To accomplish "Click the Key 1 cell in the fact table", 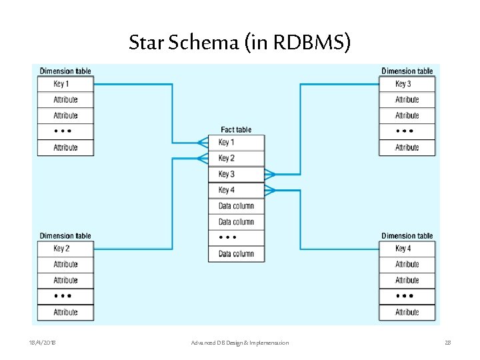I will pyautogui.click(x=236, y=142).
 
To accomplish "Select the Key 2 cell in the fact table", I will pyautogui.click(x=236, y=158).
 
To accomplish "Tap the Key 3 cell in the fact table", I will pyautogui.click(x=236, y=174).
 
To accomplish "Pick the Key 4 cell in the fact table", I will pyautogui.click(x=236, y=190).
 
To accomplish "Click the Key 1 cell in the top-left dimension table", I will pyautogui.click(x=65, y=84).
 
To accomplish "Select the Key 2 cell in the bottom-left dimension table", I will pyautogui.click(x=65, y=249).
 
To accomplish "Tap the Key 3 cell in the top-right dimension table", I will pyautogui.click(x=407, y=84).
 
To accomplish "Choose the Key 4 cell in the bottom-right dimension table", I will pyautogui.click(x=407, y=249).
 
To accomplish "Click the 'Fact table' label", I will pyautogui.click(x=236, y=129).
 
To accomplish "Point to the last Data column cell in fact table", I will pyautogui.click(x=236, y=253).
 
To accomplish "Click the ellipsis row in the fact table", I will pyautogui.click(x=236, y=237).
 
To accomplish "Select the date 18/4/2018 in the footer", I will pyautogui.click(x=43, y=343).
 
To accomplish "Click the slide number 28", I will pyautogui.click(x=447, y=343).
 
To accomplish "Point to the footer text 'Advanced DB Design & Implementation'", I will pyautogui.click(x=239, y=343).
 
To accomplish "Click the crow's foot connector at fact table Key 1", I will pyautogui.click(x=202, y=142).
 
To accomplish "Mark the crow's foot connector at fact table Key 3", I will pyautogui.click(x=270, y=175).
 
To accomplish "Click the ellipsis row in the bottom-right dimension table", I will pyautogui.click(x=407, y=296).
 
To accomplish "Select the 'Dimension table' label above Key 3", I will pyautogui.click(x=407, y=71).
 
